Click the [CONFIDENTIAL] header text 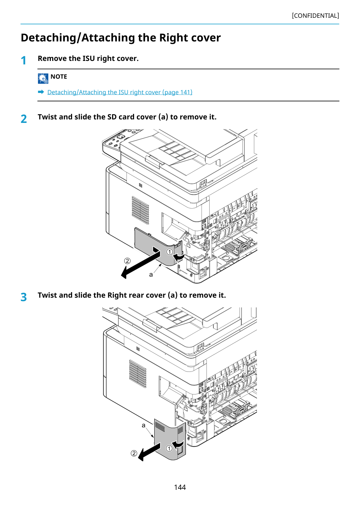(315, 16)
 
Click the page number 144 (180, 487)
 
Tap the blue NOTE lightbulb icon (43, 79)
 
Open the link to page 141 (120, 92)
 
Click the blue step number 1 (23, 61)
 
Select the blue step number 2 (24, 119)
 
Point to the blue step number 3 (24, 297)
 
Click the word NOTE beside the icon (58, 77)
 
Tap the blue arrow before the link (41, 92)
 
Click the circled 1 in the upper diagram (170, 252)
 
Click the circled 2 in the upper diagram (127, 261)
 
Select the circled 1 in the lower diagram (169, 448)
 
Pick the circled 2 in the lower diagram (134, 453)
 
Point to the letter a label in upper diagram (151, 275)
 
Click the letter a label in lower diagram (143, 425)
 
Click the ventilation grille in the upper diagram (140, 210)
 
